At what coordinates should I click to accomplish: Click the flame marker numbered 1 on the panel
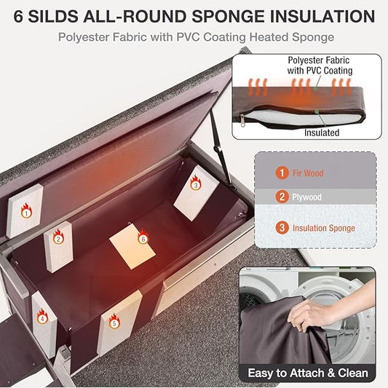tap(26, 212)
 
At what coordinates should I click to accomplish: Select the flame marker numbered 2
tap(58, 237)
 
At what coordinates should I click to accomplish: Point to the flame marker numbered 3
tap(195, 183)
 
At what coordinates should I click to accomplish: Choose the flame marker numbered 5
tap(114, 319)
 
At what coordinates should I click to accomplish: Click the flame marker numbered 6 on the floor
tap(143, 237)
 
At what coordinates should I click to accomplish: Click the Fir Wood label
tap(309, 173)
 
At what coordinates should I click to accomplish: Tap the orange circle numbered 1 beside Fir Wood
tap(281, 173)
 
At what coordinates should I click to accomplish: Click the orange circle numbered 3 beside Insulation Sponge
tap(281, 228)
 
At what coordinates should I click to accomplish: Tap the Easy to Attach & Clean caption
tap(307, 373)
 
